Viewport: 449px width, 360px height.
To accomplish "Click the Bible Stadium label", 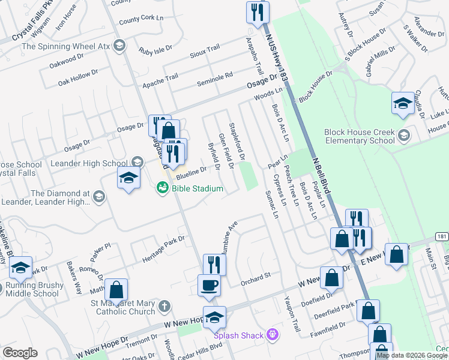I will point(197,189).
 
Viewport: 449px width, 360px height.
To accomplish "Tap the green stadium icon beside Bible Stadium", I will point(162,188).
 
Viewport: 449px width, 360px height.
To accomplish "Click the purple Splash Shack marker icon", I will point(274,333).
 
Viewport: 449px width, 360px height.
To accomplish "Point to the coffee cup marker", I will point(209,285).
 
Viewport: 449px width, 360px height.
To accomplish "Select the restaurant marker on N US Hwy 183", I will point(258,12).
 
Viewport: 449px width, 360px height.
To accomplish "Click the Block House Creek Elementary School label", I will point(359,136).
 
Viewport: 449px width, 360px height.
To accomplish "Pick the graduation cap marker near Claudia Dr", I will point(402,103).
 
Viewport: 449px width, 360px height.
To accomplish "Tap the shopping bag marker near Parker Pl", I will point(116,290).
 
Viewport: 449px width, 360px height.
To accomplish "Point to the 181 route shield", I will point(442,236).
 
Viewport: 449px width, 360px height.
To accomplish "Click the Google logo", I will point(20,353).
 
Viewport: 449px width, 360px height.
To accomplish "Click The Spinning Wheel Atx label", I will point(67,46).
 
